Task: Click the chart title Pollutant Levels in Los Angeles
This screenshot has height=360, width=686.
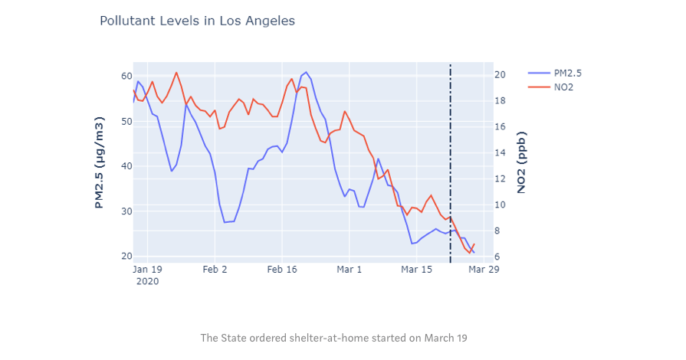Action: [197, 21]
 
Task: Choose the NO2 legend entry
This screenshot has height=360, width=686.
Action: [564, 87]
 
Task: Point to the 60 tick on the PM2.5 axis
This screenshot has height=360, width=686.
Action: [126, 77]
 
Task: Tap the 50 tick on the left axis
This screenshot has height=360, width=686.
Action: [126, 122]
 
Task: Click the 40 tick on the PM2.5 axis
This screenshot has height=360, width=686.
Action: [126, 166]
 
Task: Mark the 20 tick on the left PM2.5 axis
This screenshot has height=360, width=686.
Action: [126, 257]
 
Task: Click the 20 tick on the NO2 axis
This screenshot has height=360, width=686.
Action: [499, 75]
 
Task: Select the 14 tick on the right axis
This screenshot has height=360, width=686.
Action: [499, 153]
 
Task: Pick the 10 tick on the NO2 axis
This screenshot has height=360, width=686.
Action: [499, 205]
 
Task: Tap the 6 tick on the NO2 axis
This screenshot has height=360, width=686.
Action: [499, 257]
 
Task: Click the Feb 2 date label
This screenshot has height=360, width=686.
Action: [215, 270]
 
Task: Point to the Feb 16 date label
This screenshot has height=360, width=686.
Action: [282, 270]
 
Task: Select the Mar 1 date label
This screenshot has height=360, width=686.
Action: [349, 270]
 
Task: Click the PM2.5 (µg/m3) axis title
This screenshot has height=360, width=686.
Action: [100, 163]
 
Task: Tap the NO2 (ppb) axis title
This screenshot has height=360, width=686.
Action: [522, 162]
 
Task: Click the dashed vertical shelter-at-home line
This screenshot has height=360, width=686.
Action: [451, 153]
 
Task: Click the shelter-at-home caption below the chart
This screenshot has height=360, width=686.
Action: [333, 338]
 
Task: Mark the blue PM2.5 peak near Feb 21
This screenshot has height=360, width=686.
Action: [307, 73]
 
